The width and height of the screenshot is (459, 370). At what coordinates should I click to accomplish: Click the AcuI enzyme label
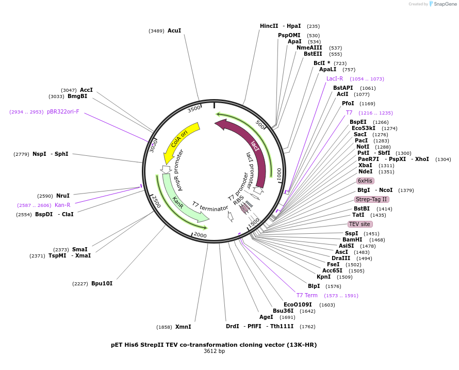coord(174,30)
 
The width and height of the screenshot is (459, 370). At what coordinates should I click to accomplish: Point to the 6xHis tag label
coord(365,181)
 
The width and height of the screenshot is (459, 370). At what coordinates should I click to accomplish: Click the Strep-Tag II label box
coord(371,199)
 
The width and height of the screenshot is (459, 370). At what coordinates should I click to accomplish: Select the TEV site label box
coord(360,224)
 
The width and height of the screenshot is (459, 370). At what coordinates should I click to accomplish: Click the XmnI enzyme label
coord(183,327)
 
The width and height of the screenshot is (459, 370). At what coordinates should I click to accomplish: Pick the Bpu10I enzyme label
coord(102,283)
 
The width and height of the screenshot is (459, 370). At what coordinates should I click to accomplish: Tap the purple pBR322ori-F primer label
coord(63,111)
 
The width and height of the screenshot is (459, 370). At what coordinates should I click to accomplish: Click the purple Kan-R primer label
coord(62,205)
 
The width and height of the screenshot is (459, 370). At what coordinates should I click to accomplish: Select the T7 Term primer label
coord(307,295)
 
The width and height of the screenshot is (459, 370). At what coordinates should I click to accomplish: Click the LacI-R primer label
coord(335,78)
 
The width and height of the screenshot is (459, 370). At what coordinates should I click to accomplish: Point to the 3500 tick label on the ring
coord(194,109)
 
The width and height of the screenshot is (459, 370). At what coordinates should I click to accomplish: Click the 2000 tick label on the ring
coord(200,235)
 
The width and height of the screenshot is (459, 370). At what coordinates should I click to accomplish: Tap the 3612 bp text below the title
coord(214,351)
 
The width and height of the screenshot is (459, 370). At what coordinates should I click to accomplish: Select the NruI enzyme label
coord(62,196)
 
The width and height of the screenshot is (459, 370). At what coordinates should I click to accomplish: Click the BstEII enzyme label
coord(313,54)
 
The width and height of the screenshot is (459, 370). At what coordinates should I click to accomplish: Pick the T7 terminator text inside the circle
coord(210,207)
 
